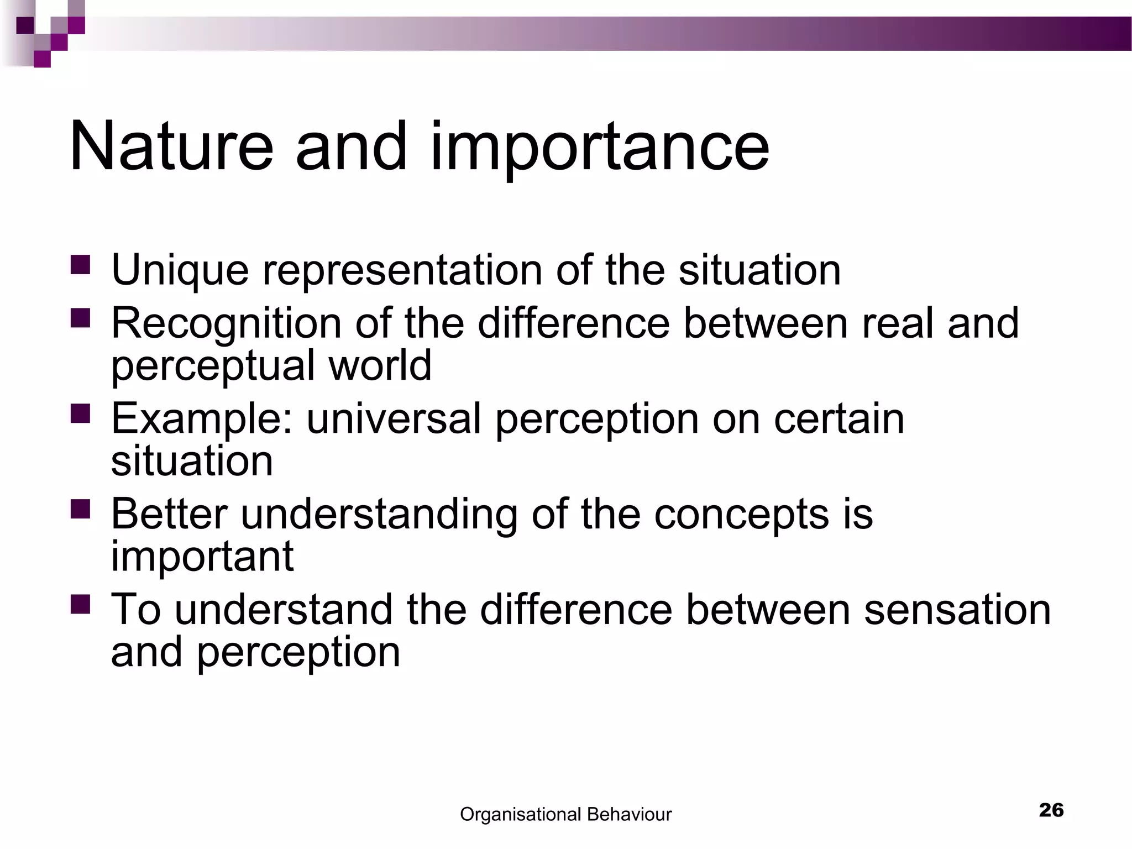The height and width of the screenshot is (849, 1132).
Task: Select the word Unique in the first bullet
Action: [x=180, y=270]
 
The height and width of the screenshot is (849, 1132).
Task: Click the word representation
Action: [x=402, y=270]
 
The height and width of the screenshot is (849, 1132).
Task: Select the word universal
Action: [x=394, y=418]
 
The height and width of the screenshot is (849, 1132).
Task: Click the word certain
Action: [x=838, y=418]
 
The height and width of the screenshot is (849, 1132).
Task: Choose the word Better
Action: [x=169, y=513]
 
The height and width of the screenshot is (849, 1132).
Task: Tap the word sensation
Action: [x=957, y=609]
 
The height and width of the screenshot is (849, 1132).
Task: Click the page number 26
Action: [x=1051, y=810]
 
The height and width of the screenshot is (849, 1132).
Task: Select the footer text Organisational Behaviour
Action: [x=565, y=814]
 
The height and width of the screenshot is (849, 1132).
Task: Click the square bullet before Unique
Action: [x=80, y=265]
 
